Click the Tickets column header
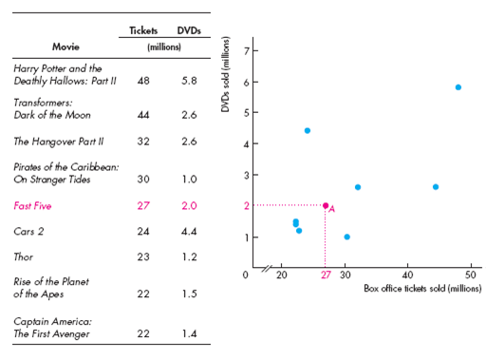coord(143,30)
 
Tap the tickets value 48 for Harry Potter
coord(143,80)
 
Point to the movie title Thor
coord(25,256)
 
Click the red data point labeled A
coord(326,205)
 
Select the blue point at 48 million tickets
coord(458,87)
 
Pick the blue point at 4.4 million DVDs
coord(308,130)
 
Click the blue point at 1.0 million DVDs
coord(346,237)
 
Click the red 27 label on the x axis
coord(326,275)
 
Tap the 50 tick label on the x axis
coord(472,275)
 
